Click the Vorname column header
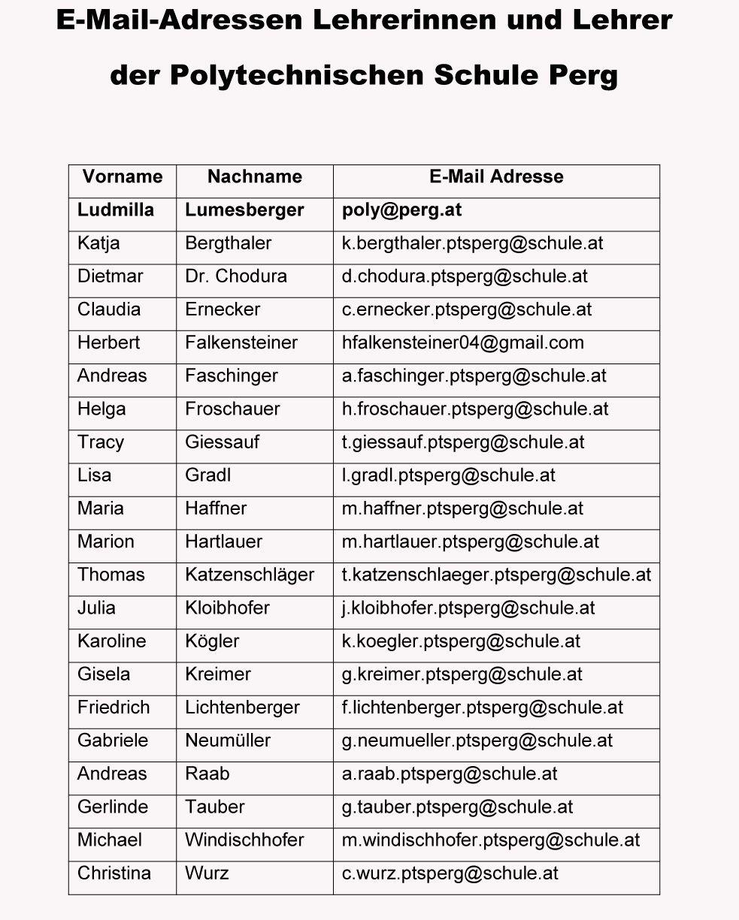pos(123,176)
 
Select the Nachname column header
pos(255,176)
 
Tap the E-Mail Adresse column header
pos(496,176)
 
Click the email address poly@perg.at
pos(401,210)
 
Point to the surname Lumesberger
pos(244,210)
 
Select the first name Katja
pos(98,243)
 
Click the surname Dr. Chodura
pos(236,276)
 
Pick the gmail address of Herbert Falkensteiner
pos(462,342)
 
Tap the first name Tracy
pos(100,442)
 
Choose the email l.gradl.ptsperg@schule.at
pos(448,475)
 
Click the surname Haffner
pos(216,508)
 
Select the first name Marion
pos(105,541)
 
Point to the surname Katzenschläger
pos(250,575)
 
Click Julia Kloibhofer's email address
pos(468,608)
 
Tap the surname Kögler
pos(212,641)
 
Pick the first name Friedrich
pos(114,707)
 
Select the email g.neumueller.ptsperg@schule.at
pos(477,741)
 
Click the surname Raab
pos(207,774)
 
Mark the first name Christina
pos(114,873)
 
